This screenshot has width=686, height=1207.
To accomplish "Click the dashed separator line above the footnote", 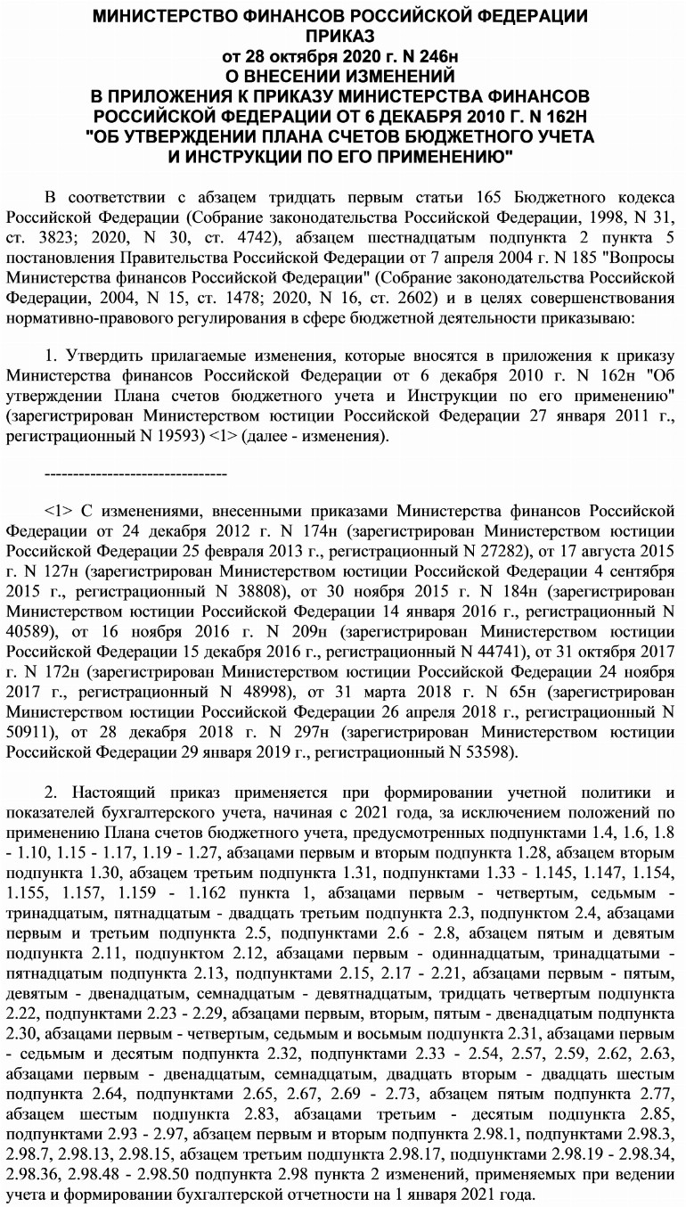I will (135, 473).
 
